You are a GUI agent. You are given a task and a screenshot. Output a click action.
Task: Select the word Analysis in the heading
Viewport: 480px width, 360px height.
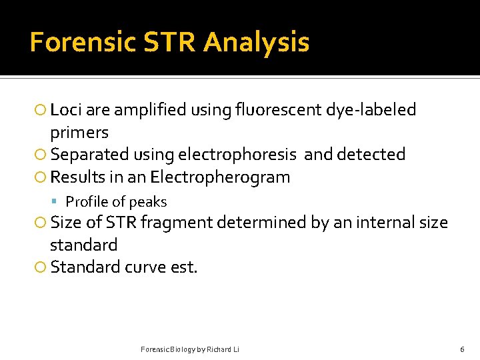[x=257, y=42]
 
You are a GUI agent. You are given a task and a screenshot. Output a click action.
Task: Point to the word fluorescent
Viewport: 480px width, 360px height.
[x=281, y=109]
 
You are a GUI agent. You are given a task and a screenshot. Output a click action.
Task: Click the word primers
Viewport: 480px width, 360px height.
[x=79, y=132]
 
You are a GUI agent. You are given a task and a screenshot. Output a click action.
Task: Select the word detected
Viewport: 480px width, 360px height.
[x=372, y=155]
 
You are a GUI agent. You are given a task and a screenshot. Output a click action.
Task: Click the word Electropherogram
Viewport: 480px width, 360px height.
[x=220, y=177]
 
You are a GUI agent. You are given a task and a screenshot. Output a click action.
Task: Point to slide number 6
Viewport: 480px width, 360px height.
[x=462, y=349]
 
